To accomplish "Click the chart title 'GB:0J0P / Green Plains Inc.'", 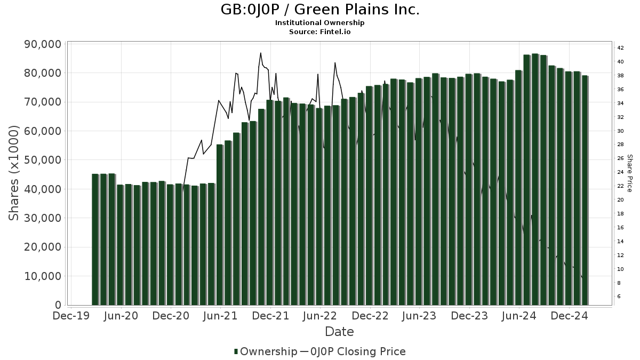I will click(x=320, y=10).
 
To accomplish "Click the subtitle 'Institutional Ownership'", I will click(x=320, y=23).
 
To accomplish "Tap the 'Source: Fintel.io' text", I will click(x=320, y=31).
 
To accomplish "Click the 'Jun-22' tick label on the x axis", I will click(x=320, y=316).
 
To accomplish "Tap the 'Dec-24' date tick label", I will click(x=569, y=316).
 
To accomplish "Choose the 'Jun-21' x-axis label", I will click(x=221, y=316).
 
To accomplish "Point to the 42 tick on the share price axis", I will click(x=620, y=48).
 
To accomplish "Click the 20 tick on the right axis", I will click(x=620, y=200).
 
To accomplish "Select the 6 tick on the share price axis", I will click(x=619, y=297).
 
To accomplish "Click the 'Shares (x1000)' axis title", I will click(x=14, y=173).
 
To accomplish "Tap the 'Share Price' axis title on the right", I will click(x=629, y=173).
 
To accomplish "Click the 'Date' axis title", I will click(x=339, y=332).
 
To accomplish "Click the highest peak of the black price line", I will click(x=260, y=53).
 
